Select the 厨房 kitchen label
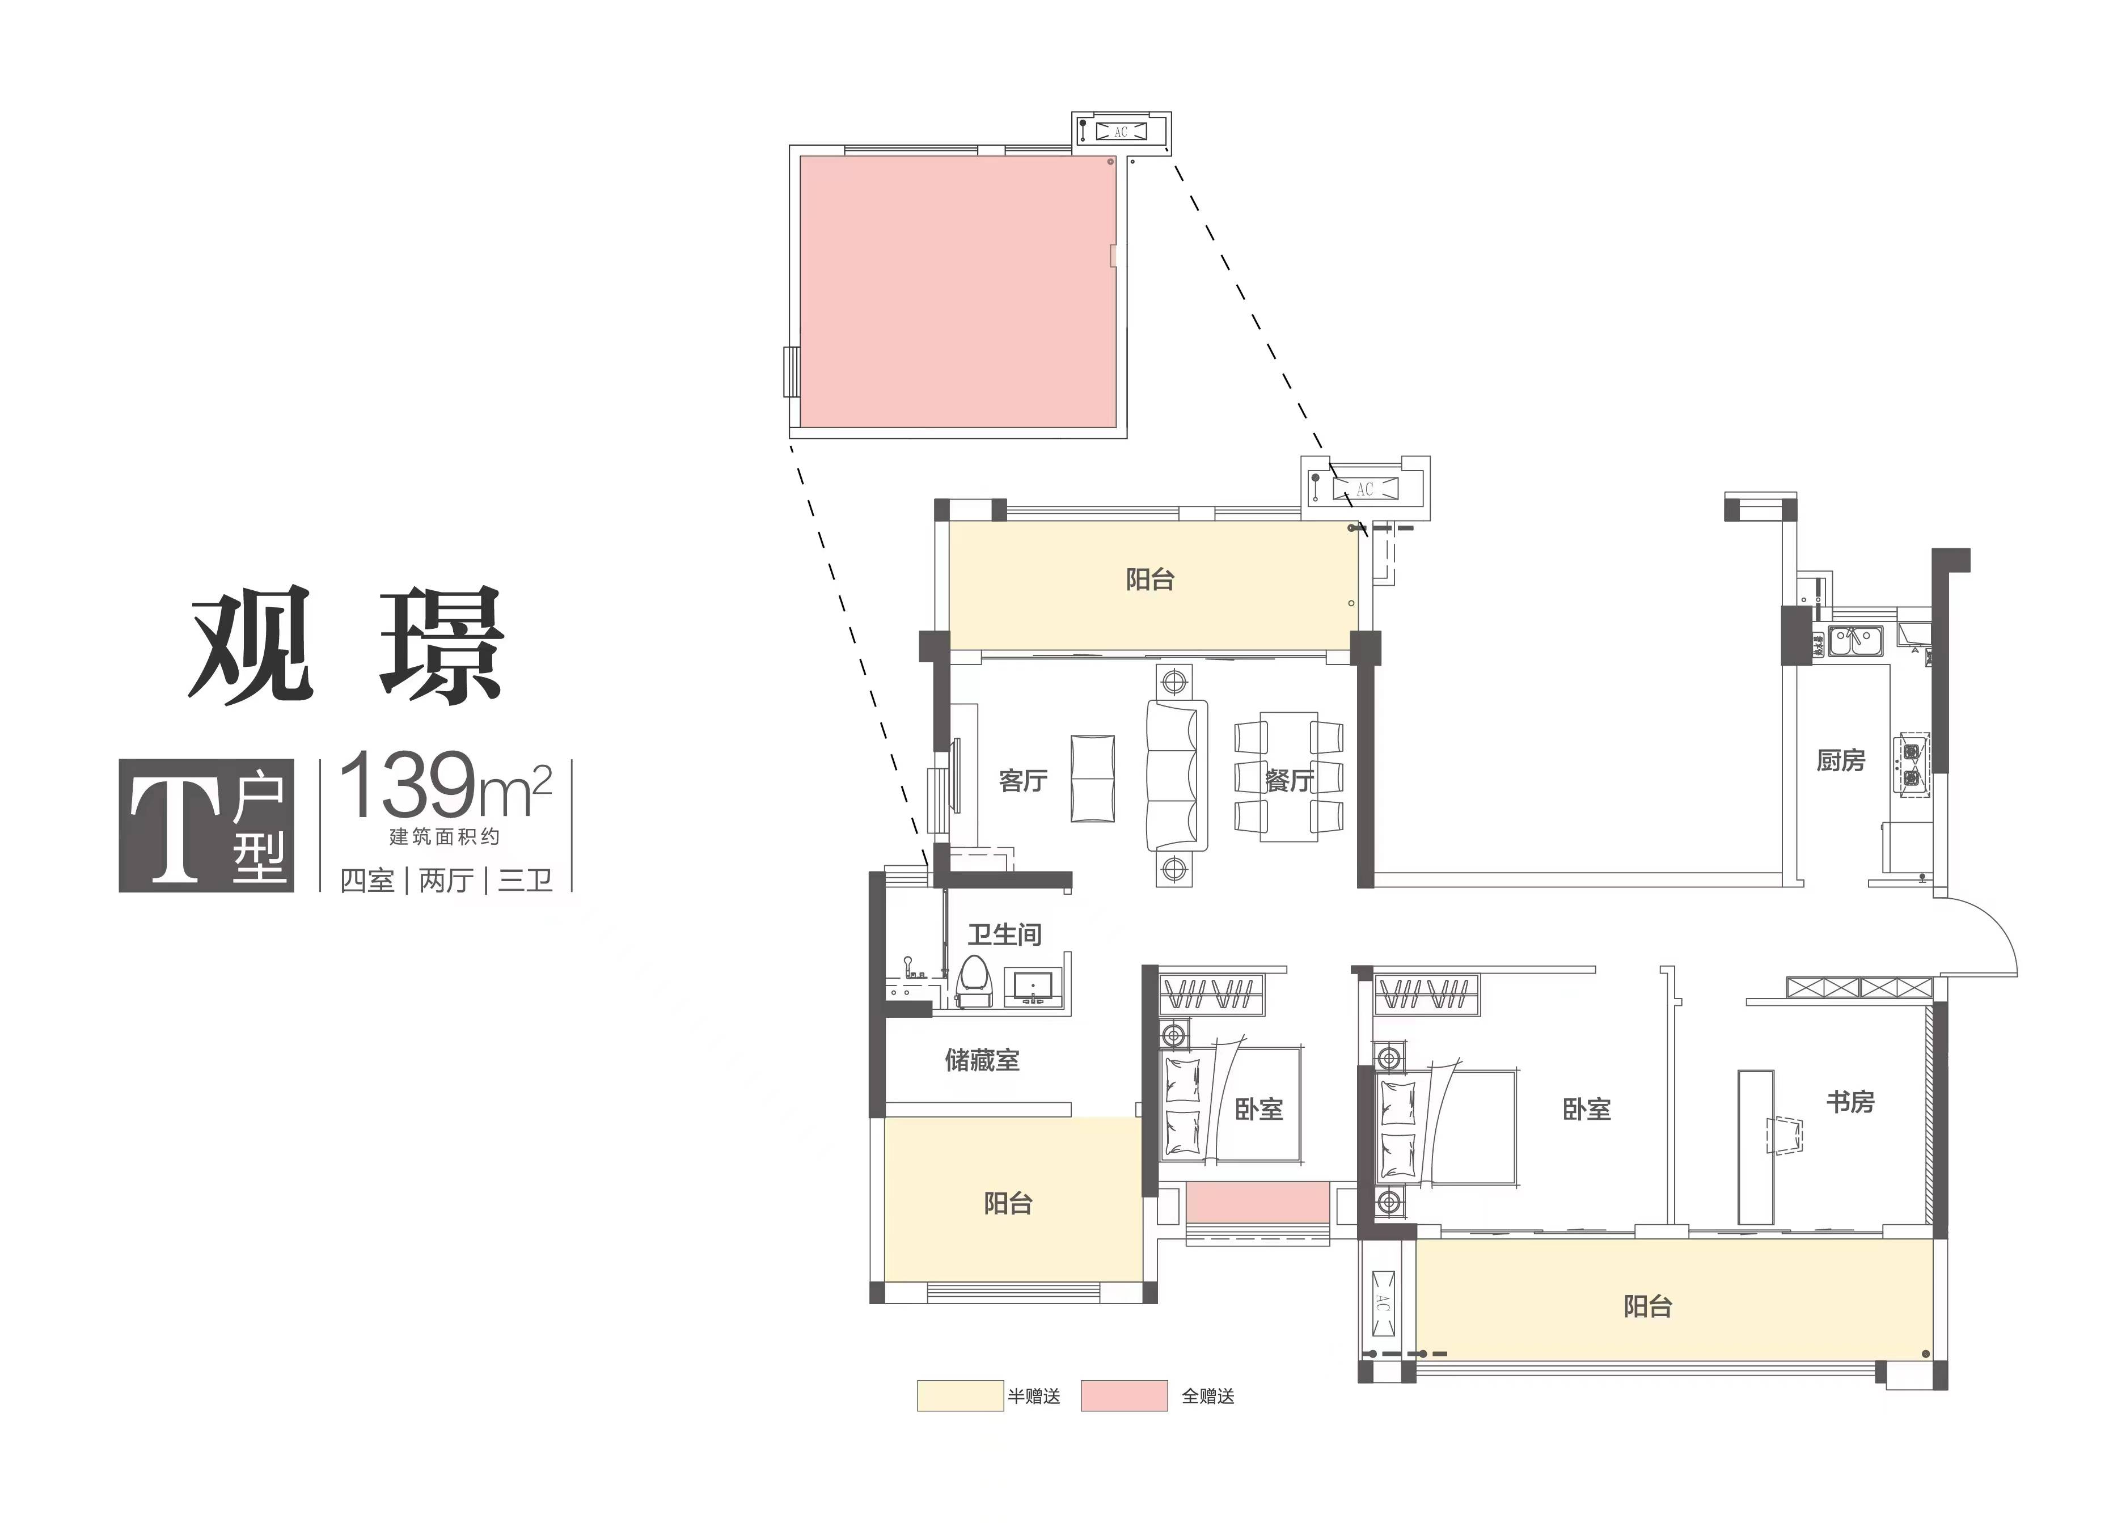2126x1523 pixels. (x=1840, y=761)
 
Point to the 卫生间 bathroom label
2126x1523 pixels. (x=1004, y=934)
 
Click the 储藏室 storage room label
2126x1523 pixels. (x=982, y=1060)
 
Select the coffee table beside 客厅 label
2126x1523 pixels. (x=1092, y=779)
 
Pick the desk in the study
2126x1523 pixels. (x=1755, y=1147)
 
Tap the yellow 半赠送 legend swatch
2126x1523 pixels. (x=960, y=1395)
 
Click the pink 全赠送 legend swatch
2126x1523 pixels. (x=1124, y=1395)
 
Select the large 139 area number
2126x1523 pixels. (x=407, y=785)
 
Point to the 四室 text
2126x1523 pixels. (x=367, y=881)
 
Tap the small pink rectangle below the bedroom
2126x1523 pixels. (x=1257, y=1203)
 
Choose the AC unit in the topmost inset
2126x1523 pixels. (x=1121, y=132)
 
